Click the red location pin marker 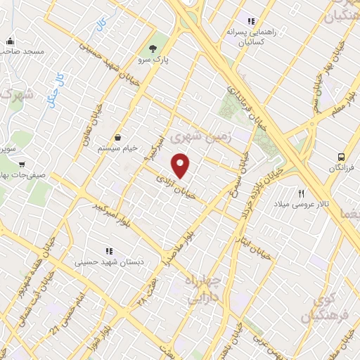(x=181, y=165)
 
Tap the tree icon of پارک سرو (x=153, y=49)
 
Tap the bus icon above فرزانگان (x=341, y=157)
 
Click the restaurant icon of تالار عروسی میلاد (x=302, y=193)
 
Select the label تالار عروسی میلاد (x=302, y=204)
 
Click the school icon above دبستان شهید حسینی (x=108, y=250)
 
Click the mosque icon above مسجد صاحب (x=10, y=41)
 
